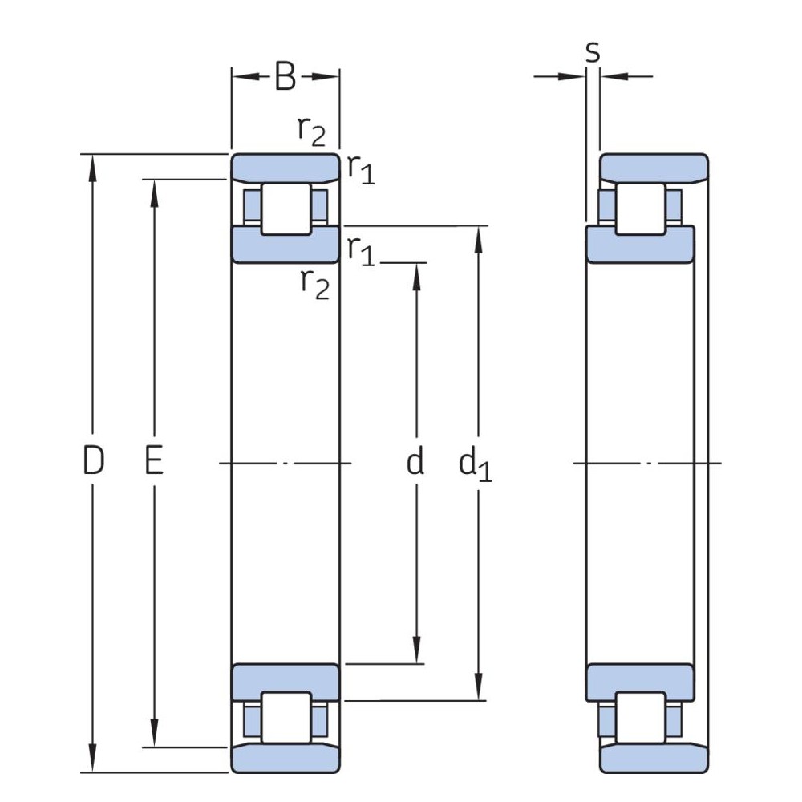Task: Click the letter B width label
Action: tap(286, 76)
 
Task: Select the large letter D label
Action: tap(94, 461)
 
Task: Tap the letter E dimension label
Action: tap(154, 461)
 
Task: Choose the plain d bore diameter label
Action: tap(415, 461)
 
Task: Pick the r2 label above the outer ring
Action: tap(311, 131)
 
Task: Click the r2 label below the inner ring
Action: tap(314, 283)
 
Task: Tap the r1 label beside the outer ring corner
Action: tap(360, 168)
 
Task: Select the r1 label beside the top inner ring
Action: tap(360, 250)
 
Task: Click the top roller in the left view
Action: tap(286, 209)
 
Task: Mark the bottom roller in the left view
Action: tap(286, 717)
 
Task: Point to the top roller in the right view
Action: tap(640, 209)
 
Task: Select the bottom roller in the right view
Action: tap(640, 717)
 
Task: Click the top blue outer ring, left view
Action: tap(286, 166)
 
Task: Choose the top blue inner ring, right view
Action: tap(640, 245)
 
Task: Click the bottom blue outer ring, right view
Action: tap(654, 758)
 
